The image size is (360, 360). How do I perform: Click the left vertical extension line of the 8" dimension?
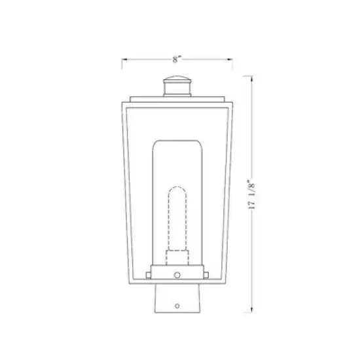click(x=122, y=63)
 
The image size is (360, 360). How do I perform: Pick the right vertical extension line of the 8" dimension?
click(x=235, y=63)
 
